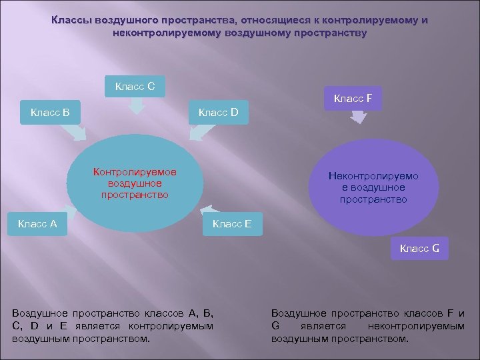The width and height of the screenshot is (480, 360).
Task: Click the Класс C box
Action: point(135,87)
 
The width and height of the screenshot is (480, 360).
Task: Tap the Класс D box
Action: point(218,112)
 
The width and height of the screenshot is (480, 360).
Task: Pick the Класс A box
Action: point(37,224)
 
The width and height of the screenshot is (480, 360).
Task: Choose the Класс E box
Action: point(231,224)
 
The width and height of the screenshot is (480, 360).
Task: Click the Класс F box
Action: point(353,99)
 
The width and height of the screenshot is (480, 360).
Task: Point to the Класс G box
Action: point(419,249)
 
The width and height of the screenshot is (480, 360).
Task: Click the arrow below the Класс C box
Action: point(137,106)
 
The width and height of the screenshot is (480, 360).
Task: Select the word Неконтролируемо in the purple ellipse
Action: point(373,176)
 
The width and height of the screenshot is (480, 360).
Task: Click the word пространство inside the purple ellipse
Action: point(373,199)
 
